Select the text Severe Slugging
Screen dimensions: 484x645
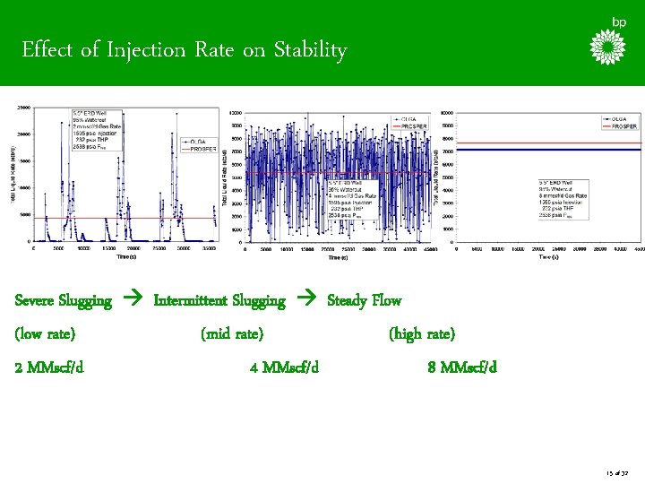click(64, 300)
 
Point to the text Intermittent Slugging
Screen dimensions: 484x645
click(219, 300)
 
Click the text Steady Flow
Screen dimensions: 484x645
click(365, 300)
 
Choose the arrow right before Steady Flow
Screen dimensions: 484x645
click(306, 300)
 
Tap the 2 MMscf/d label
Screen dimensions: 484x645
click(50, 367)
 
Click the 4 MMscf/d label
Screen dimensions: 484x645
click(284, 367)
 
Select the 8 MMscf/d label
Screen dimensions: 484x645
click(462, 367)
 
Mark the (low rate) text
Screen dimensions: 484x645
click(45, 334)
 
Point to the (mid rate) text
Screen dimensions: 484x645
click(232, 334)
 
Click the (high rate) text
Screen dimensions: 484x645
click(422, 334)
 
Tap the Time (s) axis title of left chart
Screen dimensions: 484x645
click(126, 256)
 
